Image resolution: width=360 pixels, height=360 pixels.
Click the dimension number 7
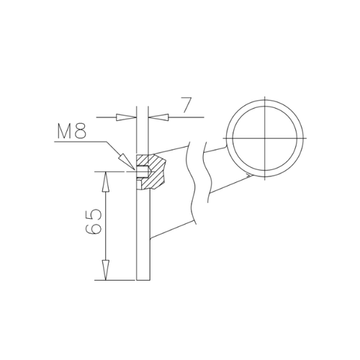[186, 104]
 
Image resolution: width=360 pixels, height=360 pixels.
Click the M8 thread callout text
[71, 131]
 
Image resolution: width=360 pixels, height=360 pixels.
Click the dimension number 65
[94, 221]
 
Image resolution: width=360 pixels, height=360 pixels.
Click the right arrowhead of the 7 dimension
[158, 117]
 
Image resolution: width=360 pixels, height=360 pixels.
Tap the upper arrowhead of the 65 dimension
[105, 181]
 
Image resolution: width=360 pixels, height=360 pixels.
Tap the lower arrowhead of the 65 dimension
[105, 270]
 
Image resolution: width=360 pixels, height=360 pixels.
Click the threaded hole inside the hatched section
[143, 171]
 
